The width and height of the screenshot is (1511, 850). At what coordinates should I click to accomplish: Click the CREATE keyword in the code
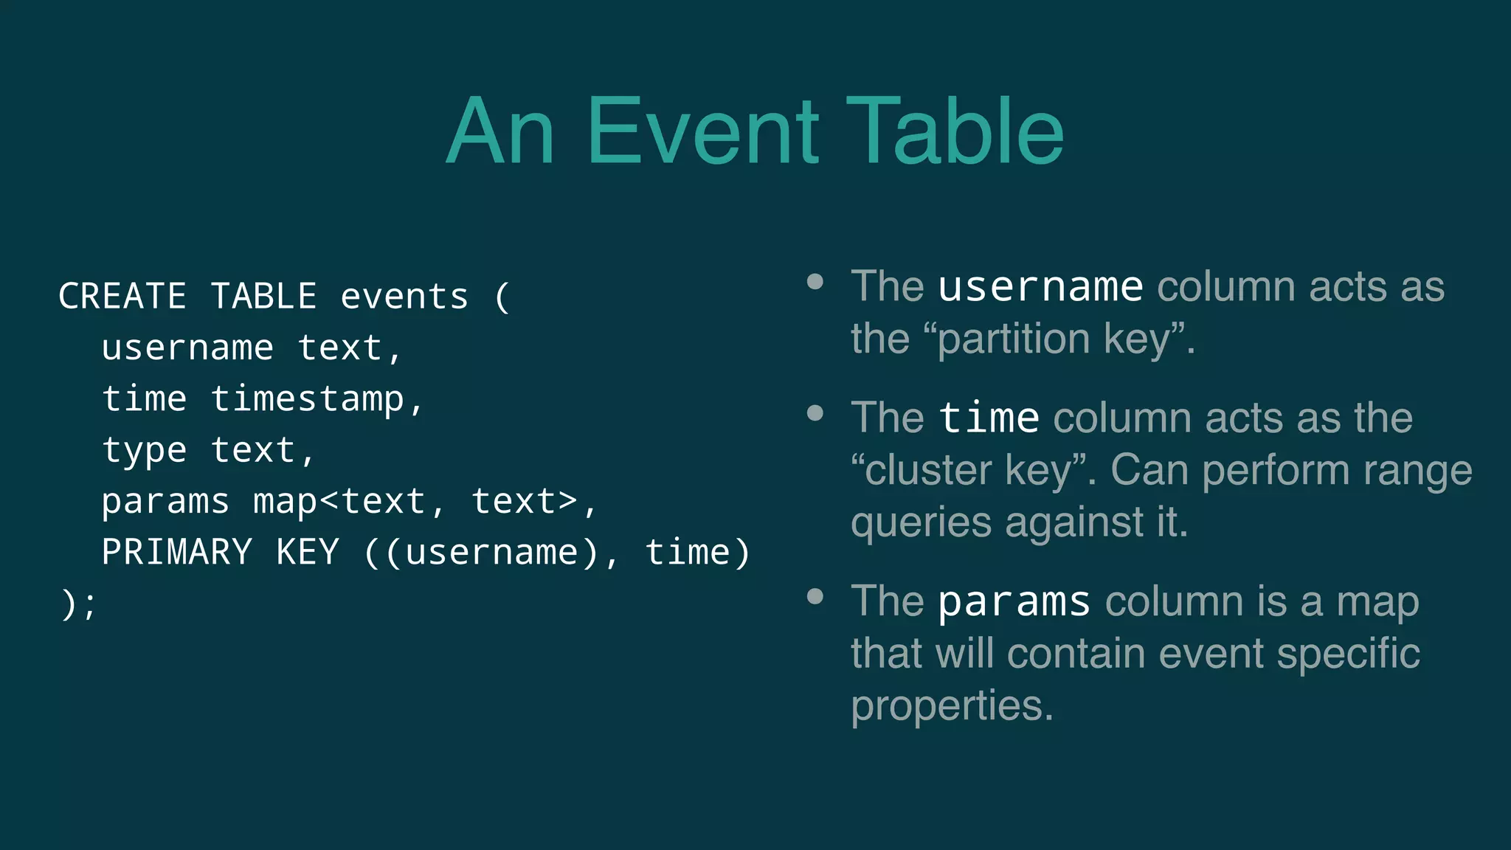[x=122, y=297]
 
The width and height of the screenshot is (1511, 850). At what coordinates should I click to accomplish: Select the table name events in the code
[x=404, y=297]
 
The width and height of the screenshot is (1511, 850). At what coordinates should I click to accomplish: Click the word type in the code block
[x=145, y=451]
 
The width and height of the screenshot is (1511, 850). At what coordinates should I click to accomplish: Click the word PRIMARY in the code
[x=177, y=553]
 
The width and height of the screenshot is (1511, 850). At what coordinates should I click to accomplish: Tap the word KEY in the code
[x=308, y=553]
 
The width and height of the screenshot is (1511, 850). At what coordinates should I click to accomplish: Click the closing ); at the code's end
[x=78, y=604]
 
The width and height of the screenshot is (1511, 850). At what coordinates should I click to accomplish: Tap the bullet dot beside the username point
[x=815, y=281]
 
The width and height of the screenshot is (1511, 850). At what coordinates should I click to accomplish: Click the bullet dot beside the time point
[x=815, y=412]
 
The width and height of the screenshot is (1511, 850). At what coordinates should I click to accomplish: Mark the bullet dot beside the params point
[x=815, y=596]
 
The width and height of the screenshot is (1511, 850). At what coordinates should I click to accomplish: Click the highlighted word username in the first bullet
[x=1040, y=286]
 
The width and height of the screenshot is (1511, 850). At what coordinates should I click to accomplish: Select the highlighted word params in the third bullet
[x=1014, y=601]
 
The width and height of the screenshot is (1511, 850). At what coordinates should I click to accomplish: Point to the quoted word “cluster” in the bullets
[x=922, y=470]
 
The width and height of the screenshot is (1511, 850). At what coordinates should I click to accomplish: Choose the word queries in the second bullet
[x=921, y=522]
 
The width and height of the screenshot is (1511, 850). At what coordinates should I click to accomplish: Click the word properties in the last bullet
[x=952, y=705]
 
